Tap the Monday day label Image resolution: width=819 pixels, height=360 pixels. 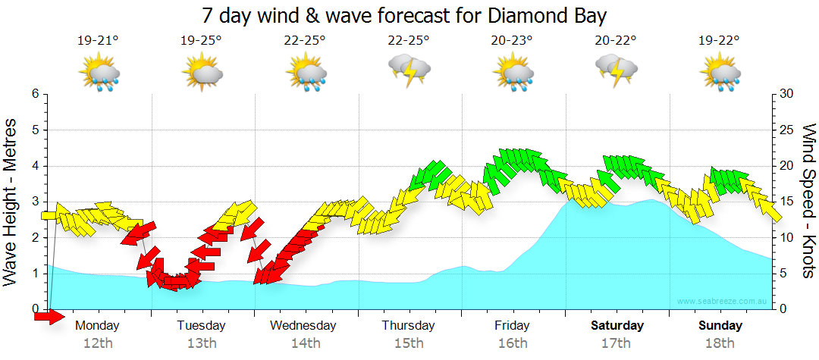click(98, 326)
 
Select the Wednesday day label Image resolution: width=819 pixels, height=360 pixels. click(303, 326)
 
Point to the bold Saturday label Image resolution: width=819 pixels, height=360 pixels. click(617, 326)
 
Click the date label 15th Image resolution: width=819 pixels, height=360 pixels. click(409, 343)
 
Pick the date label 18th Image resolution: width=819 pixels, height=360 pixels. click(720, 343)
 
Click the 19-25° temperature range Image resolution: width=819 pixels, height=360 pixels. click(201, 41)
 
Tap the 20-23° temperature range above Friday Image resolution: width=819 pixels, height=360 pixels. click(513, 41)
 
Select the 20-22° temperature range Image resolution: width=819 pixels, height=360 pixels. click(616, 41)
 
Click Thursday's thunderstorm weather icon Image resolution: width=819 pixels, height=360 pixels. click(409, 70)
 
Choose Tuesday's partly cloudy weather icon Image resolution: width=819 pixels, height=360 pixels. click(201, 74)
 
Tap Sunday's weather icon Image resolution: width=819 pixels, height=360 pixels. click(720, 74)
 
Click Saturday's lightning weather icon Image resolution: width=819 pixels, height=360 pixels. click(616, 70)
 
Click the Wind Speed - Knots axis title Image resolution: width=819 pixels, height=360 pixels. click(807, 202)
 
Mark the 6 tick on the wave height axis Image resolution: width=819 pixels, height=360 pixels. click(35, 94)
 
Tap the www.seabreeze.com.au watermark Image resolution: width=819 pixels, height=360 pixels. click(723, 302)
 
